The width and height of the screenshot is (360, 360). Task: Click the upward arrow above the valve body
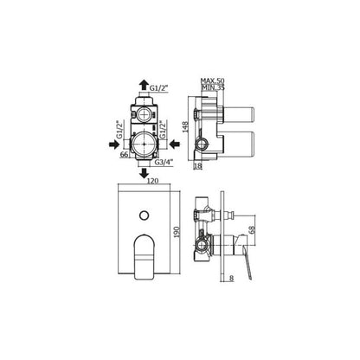coord(144,85)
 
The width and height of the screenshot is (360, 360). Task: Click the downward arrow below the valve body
coord(144,174)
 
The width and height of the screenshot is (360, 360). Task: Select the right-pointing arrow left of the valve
coord(114,144)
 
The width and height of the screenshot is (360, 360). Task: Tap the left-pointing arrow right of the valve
coord(175,144)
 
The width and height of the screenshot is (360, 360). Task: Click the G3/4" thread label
coord(164,162)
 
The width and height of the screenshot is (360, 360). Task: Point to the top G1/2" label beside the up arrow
coord(158,87)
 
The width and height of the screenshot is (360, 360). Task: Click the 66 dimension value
coord(124,154)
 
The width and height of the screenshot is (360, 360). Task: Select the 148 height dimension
coord(185,127)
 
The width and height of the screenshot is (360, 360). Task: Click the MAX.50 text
coord(213,80)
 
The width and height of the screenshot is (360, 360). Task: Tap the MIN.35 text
coord(213,87)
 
